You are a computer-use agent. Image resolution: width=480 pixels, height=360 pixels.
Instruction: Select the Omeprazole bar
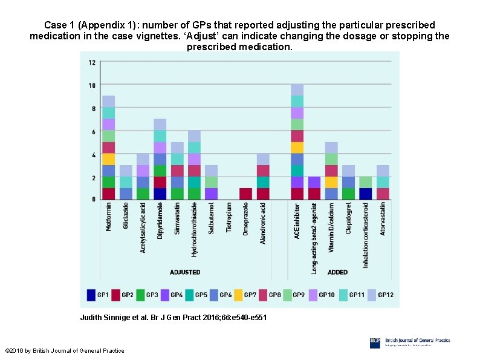(x=246, y=194)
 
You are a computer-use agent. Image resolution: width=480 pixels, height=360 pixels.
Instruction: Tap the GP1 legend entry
(x=98, y=295)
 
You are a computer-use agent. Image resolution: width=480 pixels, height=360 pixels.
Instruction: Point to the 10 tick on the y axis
(x=91, y=85)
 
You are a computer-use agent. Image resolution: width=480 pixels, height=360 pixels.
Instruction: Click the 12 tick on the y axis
(x=91, y=62)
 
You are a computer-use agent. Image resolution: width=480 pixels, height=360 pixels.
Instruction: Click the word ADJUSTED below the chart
(x=184, y=272)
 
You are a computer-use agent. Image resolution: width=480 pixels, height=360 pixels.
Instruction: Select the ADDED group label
(x=337, y=272)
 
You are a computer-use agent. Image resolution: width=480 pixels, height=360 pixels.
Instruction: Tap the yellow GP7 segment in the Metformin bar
(x=108, y=159)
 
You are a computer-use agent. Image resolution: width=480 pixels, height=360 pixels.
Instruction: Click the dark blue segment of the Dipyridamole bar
(x=160, y=194)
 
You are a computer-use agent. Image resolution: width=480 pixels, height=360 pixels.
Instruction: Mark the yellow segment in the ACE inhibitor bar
(x=297, y=148)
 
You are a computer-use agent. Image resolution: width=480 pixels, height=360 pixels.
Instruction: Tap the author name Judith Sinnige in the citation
(x=104, y=318)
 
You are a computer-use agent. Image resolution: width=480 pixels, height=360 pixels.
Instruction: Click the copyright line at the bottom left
(x=64, y=350)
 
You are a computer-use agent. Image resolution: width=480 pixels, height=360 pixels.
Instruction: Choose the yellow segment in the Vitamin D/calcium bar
(x=331, y=182)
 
